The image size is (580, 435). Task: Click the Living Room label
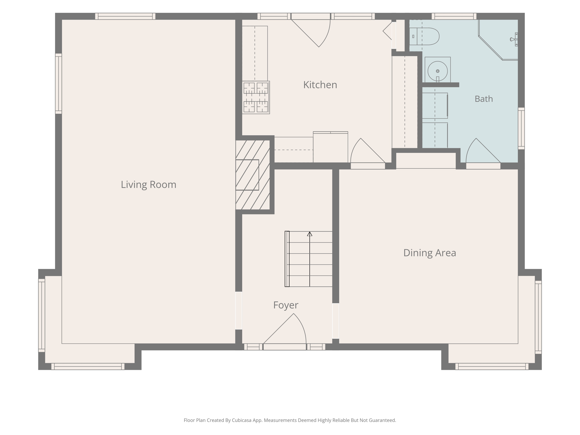coord(148,185)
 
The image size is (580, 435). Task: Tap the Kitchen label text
coord(320,85)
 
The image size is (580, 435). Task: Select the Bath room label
coord(484,99)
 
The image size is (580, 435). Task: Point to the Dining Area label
coord(430,253)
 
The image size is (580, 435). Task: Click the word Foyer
coord(286,305)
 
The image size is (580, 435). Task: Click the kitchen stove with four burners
coord(256,97)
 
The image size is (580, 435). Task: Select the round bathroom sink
coord(438,71)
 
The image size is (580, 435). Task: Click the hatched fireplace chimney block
coord(253,175)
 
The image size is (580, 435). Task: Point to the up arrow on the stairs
coord(310,234)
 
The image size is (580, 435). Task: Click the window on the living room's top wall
coord(125,16)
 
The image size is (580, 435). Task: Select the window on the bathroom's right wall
coord(521,128)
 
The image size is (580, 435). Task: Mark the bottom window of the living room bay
coord(88,366)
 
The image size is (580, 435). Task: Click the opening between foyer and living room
coord(239,311)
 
